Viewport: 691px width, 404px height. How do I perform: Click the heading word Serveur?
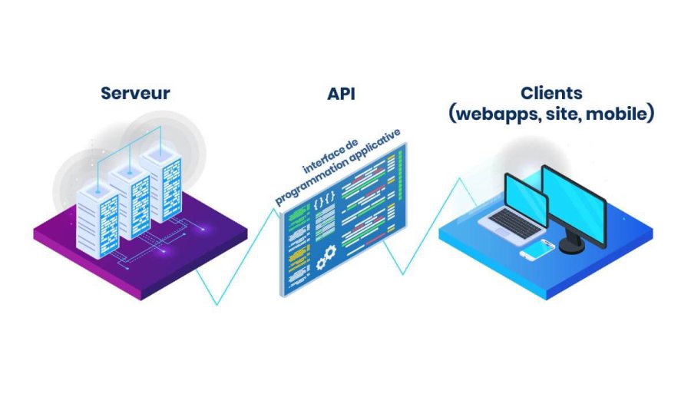pos(135,94)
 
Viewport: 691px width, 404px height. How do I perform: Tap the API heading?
pos(341,94)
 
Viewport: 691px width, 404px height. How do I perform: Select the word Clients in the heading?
pos(550,93)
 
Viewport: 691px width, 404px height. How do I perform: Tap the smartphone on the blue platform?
pos(537,250)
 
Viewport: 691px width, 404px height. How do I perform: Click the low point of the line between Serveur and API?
pos(217,304)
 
